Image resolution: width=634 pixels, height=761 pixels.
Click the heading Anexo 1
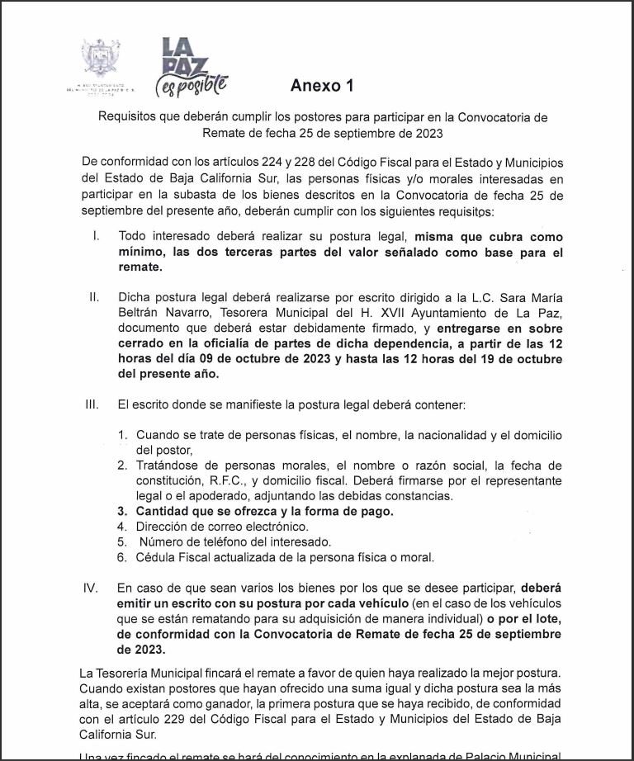[321, 86]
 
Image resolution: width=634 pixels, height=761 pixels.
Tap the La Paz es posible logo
[190, 67]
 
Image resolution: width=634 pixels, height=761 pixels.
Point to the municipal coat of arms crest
[101, 59]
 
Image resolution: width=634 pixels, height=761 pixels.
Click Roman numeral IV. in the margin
[92, 588]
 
